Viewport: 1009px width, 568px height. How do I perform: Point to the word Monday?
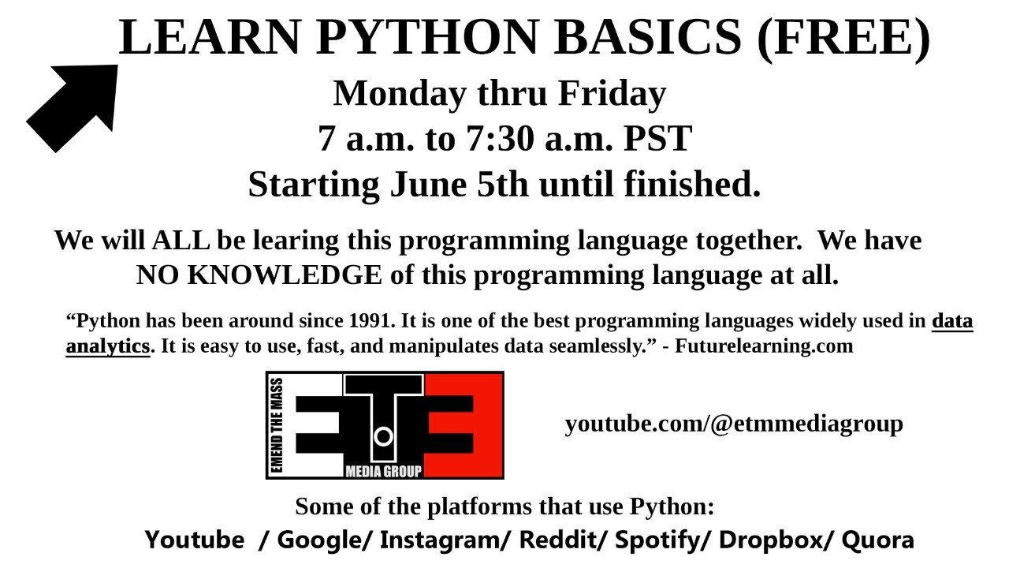(x=400, y=93)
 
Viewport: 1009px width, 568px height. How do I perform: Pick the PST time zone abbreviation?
(x=657, y=139)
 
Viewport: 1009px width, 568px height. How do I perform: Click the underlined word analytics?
(x=107, y=346)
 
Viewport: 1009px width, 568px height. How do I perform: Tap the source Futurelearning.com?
(x=764, y=346)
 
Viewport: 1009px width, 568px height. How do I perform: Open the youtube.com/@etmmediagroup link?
(x=733, y=424)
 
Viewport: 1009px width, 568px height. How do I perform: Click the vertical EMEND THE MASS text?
(x=277, y=425)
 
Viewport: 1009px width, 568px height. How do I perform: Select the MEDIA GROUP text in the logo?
(x=383, y=472)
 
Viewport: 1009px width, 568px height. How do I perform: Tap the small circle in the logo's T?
(x=383, y=435)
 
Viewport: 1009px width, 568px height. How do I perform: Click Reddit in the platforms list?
(x=563, y=540)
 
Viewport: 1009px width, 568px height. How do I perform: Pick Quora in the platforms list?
(x=877, y=540)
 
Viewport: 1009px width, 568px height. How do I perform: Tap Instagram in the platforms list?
(x=445, y=540)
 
